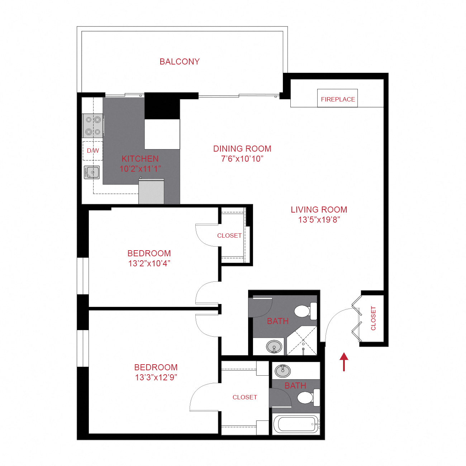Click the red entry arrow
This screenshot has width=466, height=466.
tap(344, 361)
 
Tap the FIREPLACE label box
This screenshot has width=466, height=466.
tap(337, 99)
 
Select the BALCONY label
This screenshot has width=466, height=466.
tap(179, 62)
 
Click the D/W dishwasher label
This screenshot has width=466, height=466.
tap(93, 151)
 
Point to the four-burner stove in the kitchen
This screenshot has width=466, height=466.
tap(93, 125)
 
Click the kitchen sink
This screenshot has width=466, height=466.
tap(92, 172)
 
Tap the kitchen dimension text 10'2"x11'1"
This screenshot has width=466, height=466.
tap(140, 169)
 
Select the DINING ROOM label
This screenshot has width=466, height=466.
tap(242, 149)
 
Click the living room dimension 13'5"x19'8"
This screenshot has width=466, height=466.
tap(319, 220)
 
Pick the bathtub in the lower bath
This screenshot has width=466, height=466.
tap(296, 424)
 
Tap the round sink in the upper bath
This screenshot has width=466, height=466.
tap(274, 347)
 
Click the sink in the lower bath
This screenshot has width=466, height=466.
tap(283, 371)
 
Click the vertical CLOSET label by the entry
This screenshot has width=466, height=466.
tap(373, 318)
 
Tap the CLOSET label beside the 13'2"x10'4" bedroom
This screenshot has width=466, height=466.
tap(229, 236)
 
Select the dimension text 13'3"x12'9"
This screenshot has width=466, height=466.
tap(156, 377)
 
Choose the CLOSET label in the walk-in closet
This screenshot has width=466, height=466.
tap(245, 397)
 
